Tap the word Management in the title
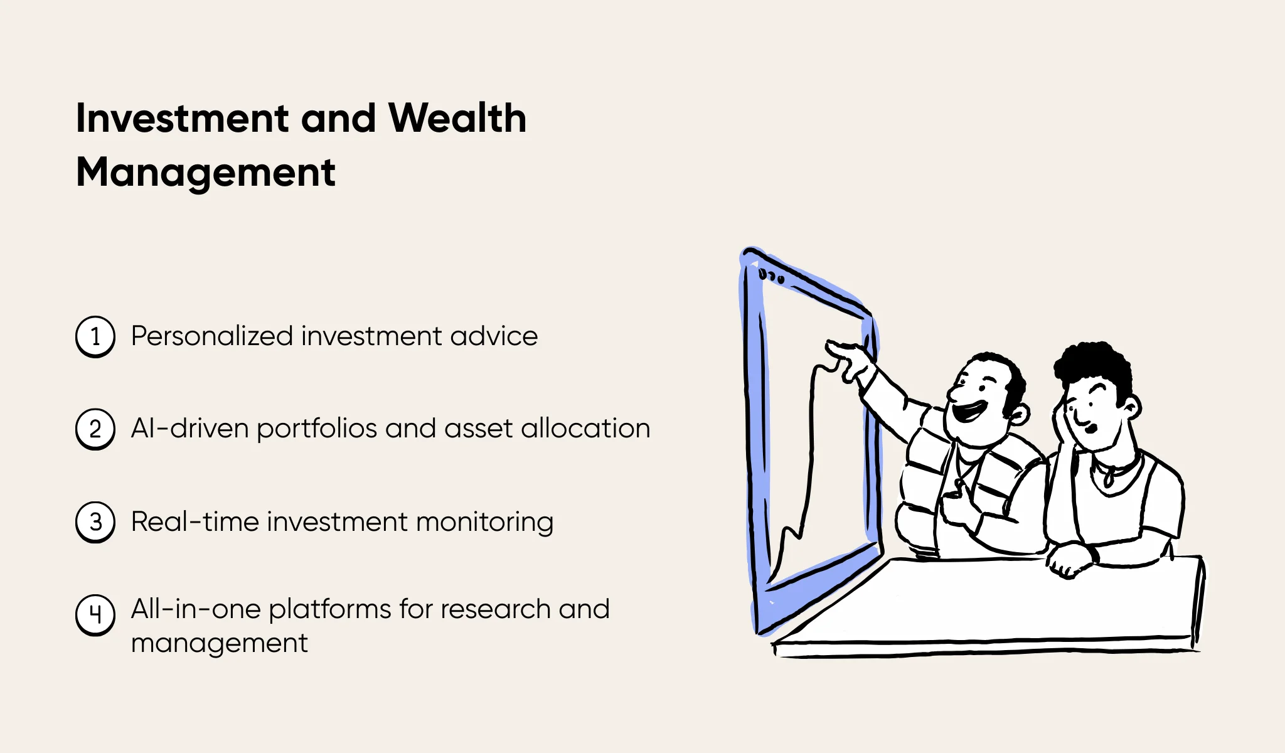click(206, 173)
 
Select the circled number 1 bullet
click(95, 337)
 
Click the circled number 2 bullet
click(95, 429)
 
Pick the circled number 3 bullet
click(95, 522)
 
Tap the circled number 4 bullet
click(95, 614)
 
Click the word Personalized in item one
click(211, 336)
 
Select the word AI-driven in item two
click(189, 429)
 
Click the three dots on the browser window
click(771, 276)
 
